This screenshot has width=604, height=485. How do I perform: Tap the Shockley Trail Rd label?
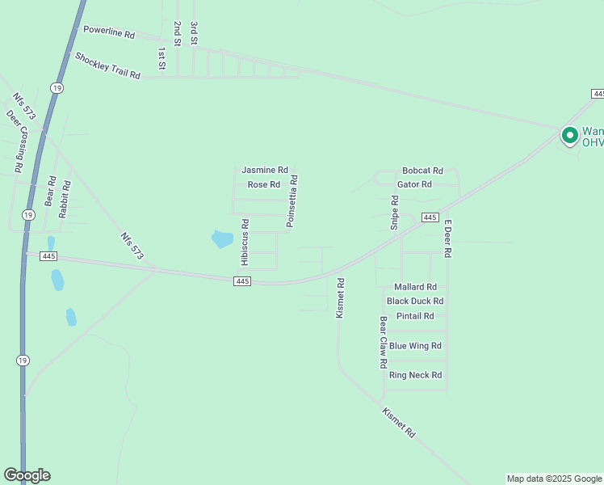(x=108, y=65)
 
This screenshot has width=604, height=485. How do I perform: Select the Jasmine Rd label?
(x=265, y=171)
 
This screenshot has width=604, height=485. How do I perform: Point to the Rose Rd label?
(x=264, y=185)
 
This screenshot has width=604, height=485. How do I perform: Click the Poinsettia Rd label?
(x=293, y=200)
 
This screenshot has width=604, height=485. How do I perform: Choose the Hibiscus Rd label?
(x=245, y=242)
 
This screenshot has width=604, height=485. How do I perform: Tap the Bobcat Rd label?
(x=423, y=171)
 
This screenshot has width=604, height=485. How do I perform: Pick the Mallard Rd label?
(x=415, y=287)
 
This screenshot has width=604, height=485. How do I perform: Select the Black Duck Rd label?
(x=415, y=302)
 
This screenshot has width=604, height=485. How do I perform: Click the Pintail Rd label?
(x=415, y=316)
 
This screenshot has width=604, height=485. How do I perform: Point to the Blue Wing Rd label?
(x=415, y=346)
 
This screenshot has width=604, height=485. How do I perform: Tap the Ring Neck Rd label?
(x=415, y=375)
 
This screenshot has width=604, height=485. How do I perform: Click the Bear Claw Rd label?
(x=384, y=343)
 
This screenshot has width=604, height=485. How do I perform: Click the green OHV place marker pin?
(x=569, y=135)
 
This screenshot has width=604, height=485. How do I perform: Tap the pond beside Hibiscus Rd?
(x=221, y=239)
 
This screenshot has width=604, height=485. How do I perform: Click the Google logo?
(x=27, y=475)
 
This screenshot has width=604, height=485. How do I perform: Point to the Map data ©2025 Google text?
(x=554, y=479)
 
